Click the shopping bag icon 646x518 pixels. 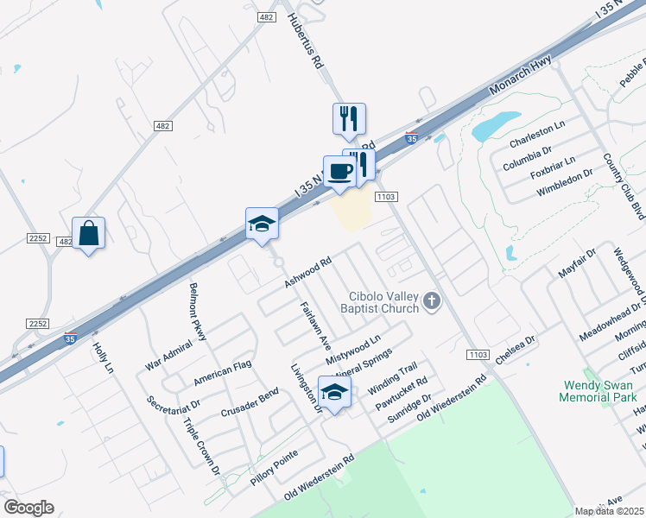pyautogui.click(x=88, y=233)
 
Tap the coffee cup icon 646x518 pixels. pyautogui.click(x=339, y=171)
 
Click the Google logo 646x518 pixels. pyautogui.click(x=28, y=508)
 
